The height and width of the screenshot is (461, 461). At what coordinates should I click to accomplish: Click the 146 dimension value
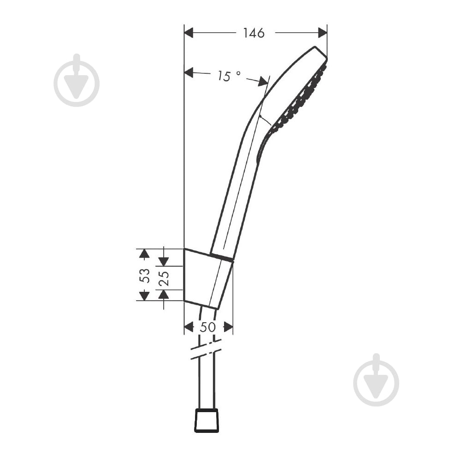[254, 33]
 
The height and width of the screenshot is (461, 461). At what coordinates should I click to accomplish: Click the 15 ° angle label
[229, 76]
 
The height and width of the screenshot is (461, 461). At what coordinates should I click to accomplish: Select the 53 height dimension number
[145, 275]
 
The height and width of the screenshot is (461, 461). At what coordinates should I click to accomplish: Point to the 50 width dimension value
[208, 327]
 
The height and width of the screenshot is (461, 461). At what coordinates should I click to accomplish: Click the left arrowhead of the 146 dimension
[189, 33]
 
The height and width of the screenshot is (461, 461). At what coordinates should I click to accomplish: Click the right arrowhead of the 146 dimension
[322, 33]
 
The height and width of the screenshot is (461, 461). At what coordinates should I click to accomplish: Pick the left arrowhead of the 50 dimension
[189, 327]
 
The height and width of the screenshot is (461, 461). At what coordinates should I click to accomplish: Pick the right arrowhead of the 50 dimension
[228, 327]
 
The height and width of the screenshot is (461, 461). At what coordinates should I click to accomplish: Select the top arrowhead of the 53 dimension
[145, 253]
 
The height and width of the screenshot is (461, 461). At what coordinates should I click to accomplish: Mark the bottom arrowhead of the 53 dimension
[145, 296]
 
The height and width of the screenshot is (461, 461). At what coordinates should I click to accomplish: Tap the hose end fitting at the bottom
[206, 420]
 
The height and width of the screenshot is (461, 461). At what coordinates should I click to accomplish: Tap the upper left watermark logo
[77, 81]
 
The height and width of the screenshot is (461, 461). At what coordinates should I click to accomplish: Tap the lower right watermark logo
[376, 381]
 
